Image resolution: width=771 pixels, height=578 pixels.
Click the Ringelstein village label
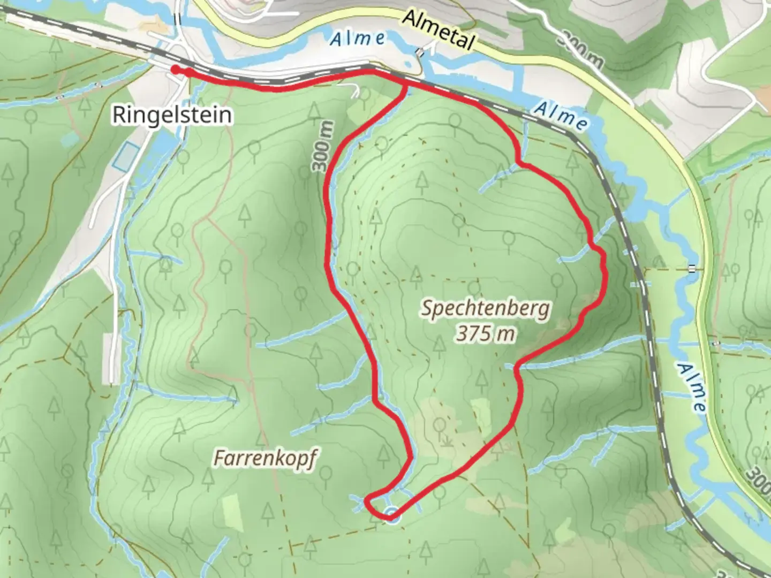(x=172, y=115)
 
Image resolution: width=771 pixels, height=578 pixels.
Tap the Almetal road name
(x=438, y=30)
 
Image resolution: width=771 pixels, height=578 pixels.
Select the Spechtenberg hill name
(x=485, y=309)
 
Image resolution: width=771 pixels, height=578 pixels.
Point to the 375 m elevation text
(x=485, y=334)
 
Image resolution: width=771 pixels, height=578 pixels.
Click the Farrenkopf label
(x=265, y=459)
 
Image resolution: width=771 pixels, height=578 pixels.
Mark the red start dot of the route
(x=175, y=70)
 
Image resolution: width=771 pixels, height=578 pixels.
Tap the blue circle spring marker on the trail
(x=392, y=513)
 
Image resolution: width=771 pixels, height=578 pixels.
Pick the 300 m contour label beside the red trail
(x=323, y=147)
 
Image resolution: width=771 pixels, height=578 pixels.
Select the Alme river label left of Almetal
(x=357, y=39)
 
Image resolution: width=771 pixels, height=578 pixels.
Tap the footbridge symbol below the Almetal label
(x=421, y=52)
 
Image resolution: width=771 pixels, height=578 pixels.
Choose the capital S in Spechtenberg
(x=427, y=308)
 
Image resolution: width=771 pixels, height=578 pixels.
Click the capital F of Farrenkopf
(x=218, y=459)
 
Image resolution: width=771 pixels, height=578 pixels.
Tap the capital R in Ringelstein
(x=118, y=115)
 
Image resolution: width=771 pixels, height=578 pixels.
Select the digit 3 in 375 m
(x=462, y=334)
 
